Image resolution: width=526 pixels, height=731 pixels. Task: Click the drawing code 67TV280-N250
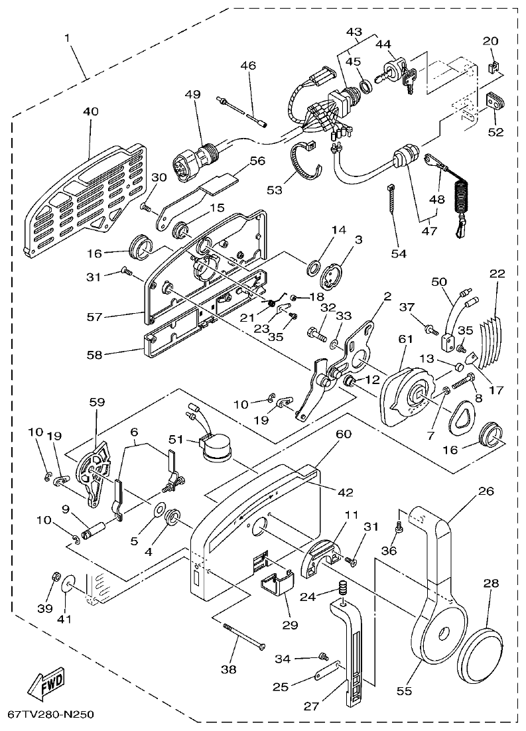50,715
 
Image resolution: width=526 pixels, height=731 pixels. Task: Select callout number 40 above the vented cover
90,111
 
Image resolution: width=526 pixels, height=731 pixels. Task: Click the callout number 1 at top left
66,38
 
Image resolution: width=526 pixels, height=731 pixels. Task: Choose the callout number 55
404,691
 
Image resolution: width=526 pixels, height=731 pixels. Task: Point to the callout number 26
487,492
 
